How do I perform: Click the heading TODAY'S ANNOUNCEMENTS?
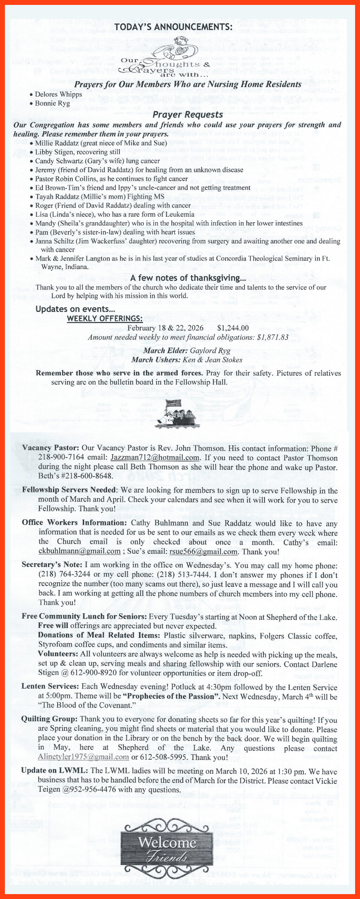(x=173, y=27)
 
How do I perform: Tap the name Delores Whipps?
(x=58, y=94)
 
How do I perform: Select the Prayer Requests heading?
(x=188, y=115)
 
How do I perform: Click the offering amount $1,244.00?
(x=233, y=328)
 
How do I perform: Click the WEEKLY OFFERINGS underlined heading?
(x=105, y=319)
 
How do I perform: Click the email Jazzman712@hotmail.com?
(x=155, y=458)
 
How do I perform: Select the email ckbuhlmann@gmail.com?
(x=79, y=551)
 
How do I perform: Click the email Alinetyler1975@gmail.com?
(x=83, y=757)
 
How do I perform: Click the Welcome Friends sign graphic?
(x=167, y=848)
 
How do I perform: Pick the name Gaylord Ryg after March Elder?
(x=210, y=350)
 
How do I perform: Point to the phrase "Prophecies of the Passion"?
(x=170, y=696)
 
